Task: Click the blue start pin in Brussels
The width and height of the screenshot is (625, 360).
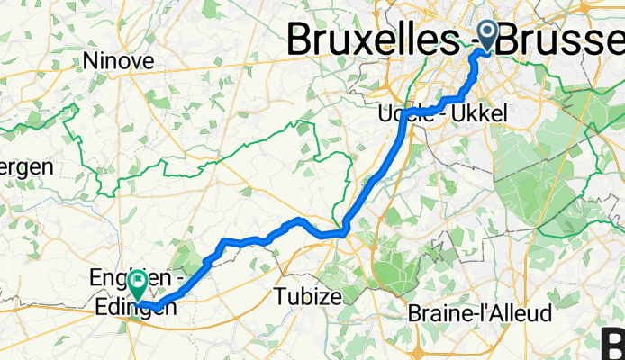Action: pos(487,35)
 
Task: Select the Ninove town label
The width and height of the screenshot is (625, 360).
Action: pos(118,61)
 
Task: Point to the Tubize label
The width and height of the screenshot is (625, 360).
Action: pos(309,296)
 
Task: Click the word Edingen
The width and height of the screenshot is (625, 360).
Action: pos(134,307)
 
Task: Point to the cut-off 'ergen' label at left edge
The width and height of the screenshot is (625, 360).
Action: pos(26,167)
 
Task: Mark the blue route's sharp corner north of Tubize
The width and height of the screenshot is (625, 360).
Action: pos(344,233)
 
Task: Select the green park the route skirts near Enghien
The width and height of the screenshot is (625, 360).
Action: pos(187,261)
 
